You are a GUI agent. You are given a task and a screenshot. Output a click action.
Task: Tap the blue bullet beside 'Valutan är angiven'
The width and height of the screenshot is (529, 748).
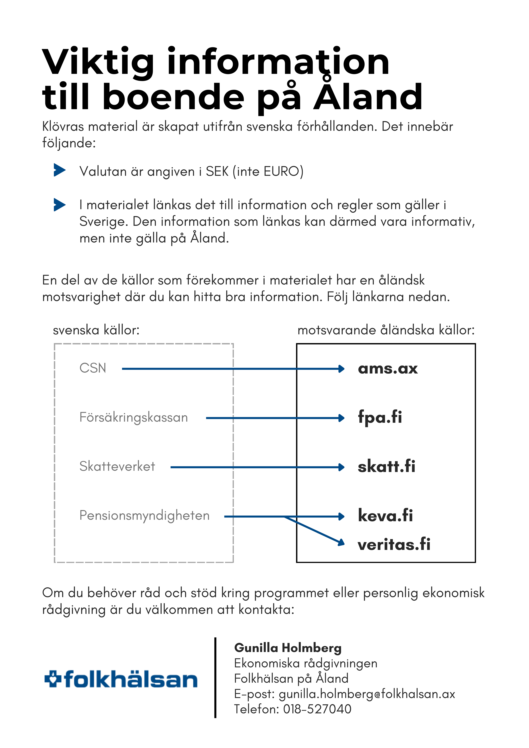click(x=59, y=170)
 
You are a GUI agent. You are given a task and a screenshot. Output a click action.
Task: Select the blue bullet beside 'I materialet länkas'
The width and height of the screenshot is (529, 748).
click(x=59, y=205)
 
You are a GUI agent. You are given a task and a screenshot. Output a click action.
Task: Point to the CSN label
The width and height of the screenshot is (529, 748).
click(x=93, y=368)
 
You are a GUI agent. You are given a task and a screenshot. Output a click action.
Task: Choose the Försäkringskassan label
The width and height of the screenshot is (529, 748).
click(x=134, y=417)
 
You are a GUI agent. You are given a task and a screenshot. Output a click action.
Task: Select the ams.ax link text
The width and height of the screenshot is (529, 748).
click(x=388, y=369)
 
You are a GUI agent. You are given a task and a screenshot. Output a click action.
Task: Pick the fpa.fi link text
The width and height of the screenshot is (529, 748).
click(x=380, y=417)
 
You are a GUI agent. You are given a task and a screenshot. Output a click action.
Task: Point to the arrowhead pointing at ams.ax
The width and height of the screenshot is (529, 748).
click(x=341, y=369)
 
